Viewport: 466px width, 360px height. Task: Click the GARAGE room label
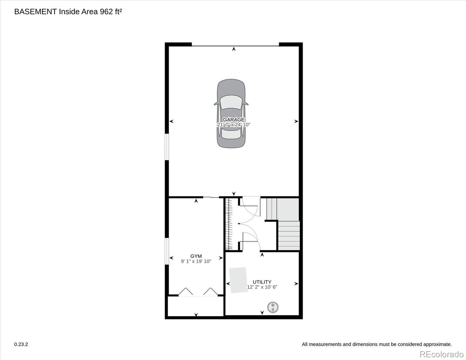pos(233,119)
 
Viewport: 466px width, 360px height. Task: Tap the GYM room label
pos(196,256)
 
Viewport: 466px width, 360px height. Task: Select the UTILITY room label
pos(262,282)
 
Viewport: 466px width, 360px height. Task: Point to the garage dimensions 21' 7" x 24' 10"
pos(233,124)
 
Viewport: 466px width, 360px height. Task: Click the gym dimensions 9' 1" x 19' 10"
pos(196,261)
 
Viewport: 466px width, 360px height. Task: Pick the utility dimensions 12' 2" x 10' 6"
pos(262,287)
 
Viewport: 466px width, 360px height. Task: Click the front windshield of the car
pos(231,102)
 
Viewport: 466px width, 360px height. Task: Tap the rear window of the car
pos(231,133)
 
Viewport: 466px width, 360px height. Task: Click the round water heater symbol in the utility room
pos(273,307)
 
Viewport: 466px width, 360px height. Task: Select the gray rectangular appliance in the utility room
pos(238,280)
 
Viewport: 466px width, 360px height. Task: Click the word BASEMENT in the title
pos(35,12)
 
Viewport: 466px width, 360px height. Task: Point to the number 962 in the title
pos(106,12)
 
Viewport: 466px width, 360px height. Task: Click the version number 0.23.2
pos(21,344)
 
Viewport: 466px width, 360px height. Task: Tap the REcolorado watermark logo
pos(441,354)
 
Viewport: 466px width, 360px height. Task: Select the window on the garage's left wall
pos(167,147)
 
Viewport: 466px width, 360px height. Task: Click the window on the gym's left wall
pos(167,251)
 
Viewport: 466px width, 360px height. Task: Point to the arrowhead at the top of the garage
pos(234,49)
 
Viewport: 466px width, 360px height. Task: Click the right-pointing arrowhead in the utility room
pos(296,284)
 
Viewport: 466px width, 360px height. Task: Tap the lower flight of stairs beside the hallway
pos(289,235)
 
